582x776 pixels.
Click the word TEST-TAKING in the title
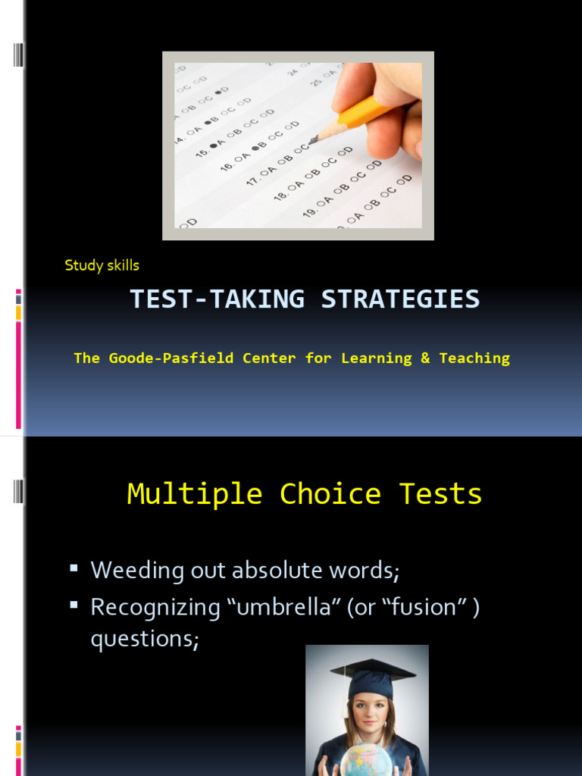pos(217,299)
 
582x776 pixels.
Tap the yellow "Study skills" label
pos(102,265)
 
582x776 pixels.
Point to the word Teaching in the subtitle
pos(474,358)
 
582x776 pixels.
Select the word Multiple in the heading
pos(195,494)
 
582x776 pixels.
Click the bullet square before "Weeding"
pos(74,568)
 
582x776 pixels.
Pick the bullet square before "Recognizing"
pos(74,604)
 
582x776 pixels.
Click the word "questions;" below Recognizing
pos(145,639)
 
